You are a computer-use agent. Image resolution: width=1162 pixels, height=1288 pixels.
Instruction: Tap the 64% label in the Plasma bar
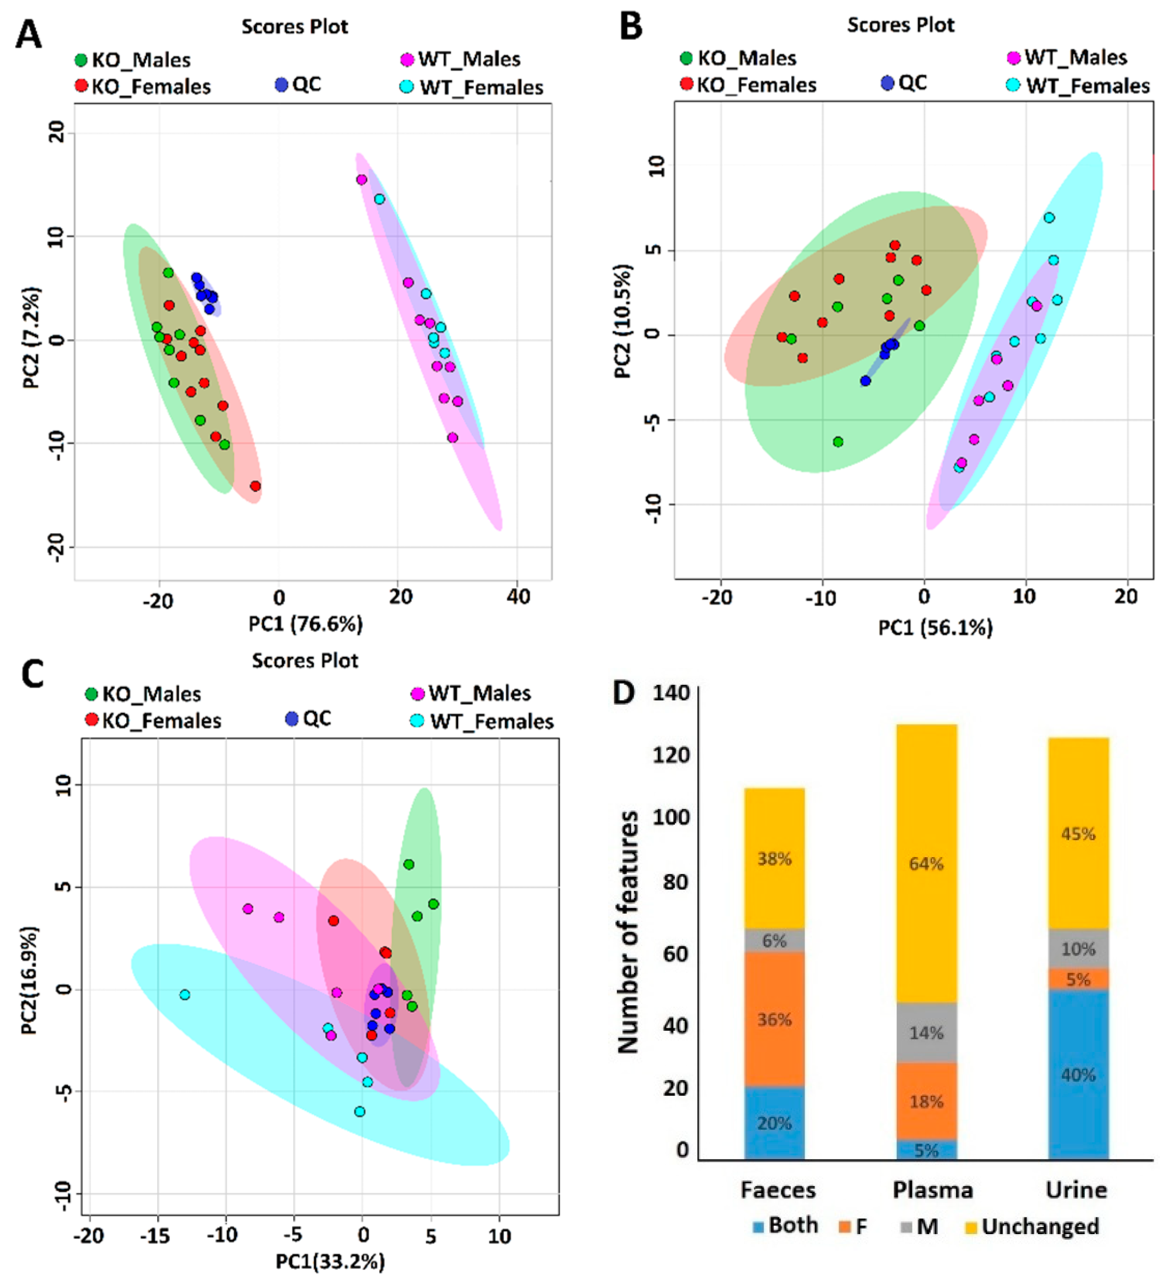coord(926,863)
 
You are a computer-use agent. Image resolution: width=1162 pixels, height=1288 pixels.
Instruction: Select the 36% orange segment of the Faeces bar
coord(774,1019)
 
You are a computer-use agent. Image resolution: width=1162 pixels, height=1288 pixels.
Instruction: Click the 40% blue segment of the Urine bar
coord(1078,1075)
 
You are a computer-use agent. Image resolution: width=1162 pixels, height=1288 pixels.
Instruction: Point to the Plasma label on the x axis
coord(932,1189)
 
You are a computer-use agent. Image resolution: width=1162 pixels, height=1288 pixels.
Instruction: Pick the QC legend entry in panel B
coord(904,83)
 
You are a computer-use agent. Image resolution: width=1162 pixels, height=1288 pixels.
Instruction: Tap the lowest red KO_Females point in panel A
coord(255,486)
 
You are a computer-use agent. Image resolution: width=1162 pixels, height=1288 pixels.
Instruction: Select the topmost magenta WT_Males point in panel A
coord(362,180)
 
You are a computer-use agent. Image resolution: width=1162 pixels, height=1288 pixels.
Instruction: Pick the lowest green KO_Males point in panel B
coord(838,442)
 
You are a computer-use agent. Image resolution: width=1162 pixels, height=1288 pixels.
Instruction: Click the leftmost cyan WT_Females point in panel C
coord(185,995)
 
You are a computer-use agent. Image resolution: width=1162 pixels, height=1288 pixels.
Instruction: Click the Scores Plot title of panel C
coord(305,660)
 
